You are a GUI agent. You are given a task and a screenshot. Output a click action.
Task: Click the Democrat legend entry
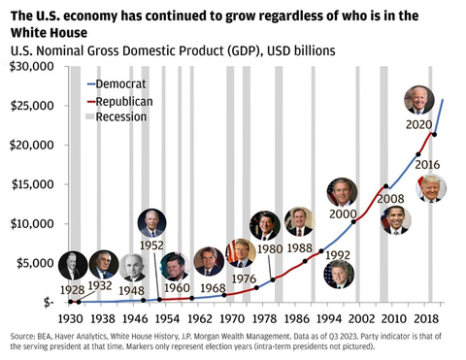pyautogui.click(x=120, y=84)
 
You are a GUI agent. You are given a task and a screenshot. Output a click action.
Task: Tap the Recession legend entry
pyautogui.click(x=120, y=117)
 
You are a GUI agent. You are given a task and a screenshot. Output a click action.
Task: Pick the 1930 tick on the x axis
pyautogui.click(x=69, y=317)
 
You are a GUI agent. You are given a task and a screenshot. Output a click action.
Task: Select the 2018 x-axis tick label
pyautogui.click(x=421, y=317)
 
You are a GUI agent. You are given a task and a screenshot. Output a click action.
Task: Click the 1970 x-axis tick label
pyautogui.click(x=229, y=317)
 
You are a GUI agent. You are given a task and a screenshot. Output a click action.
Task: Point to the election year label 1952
pyautogui.click(x=151, y=245)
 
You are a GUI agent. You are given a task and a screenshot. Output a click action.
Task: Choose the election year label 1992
pyautogui.click(x=337, y=255)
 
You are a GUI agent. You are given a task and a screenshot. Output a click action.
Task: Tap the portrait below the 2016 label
pyautogui.click(x=431, y=188)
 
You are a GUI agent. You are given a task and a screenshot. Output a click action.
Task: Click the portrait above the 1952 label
pyautogui.click(x=152, y=222)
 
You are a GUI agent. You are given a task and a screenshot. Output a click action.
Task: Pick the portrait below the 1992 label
pyautogui.click(x=340, y=275)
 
